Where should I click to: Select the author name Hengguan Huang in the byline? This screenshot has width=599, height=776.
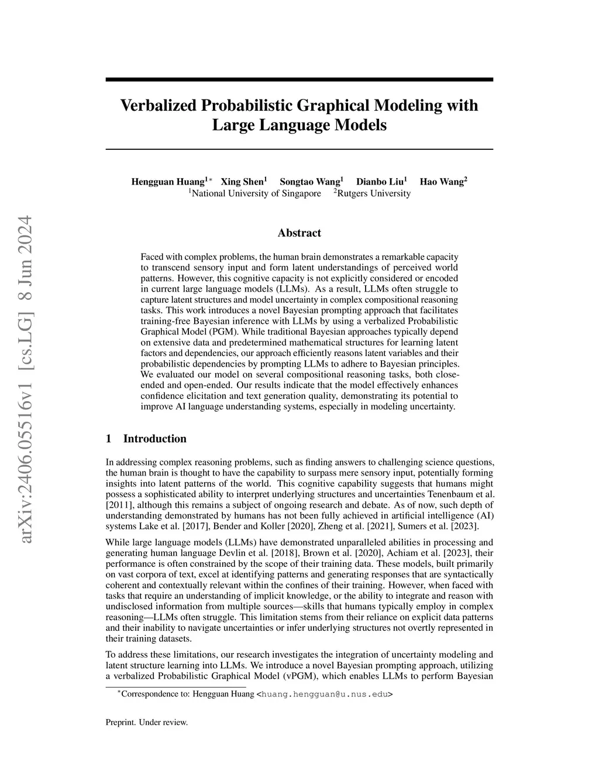pos(168,182)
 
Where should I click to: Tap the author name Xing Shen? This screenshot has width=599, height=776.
pos(242,182)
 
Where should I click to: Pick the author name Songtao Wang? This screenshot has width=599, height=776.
pos(310,182)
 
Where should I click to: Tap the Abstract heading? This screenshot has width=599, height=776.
pos(299,233)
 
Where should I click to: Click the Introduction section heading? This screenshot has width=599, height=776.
pos(154,439)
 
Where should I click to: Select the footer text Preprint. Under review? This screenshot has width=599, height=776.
pos(147,722)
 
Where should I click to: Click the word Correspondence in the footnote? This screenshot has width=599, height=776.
pos(146,695)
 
